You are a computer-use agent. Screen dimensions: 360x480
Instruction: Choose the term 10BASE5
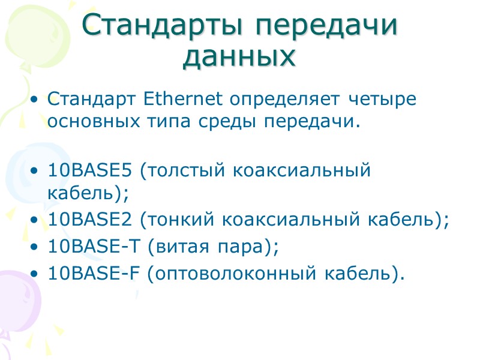tap(91, 170)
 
